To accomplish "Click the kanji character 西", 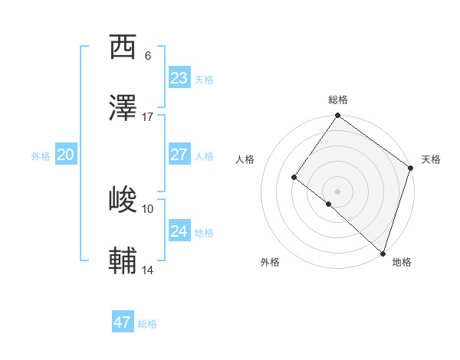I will (x=123, y=47).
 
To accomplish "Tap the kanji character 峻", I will (x=123, y=200).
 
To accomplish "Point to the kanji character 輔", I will (x=123, y=261).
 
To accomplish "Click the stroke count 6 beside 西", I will (x=147, y=55).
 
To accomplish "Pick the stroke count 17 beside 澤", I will (x=148, y=116).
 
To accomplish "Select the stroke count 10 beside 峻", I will (x=148, y=208).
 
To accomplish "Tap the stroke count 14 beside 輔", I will (x=148, y=270).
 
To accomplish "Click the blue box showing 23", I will (x=179, y=78).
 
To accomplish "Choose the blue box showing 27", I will (x=179, y=155).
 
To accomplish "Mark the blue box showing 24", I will (x=179, y=231).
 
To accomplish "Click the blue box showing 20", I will (x=65, y=155).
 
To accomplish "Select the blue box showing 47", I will (x=122, y=322).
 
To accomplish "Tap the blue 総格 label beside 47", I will (x=147, y=324).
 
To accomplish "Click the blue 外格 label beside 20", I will (x=41, y=156).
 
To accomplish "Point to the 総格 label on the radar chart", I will (x=337, y=100).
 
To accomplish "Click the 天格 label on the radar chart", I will (x=431, y=159).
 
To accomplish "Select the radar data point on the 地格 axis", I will (x=383, y=253).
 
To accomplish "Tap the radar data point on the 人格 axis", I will (x=294, y=178).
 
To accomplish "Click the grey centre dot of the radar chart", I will (x=337, y=191).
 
